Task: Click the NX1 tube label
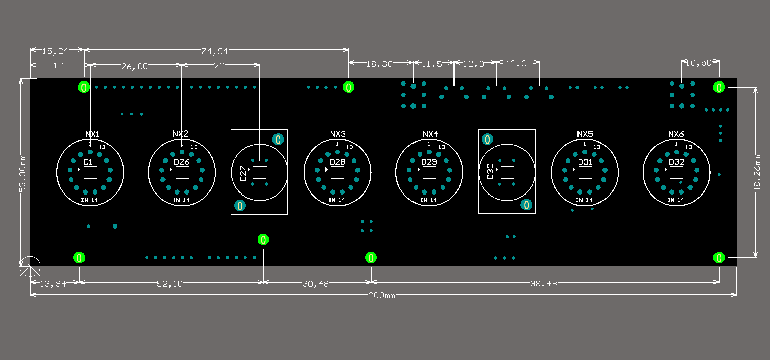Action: coord(92,134)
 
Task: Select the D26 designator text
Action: coord(181,162)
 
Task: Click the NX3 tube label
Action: coord(338,134)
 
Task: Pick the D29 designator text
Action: coord(429,162)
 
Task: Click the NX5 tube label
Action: coord(585,134)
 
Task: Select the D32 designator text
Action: coord(677,162)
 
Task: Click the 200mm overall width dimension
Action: coord(382,296)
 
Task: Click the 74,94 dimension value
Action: coord(214,51)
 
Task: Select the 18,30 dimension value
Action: coord(379,64)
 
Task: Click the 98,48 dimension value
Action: coord(543,283)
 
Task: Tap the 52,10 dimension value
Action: coord(170,283)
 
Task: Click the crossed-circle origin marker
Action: coord(30,266)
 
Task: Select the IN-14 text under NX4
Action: coord(429,200)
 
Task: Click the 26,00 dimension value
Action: coord(134,66)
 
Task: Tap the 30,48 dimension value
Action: coord(316,283)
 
